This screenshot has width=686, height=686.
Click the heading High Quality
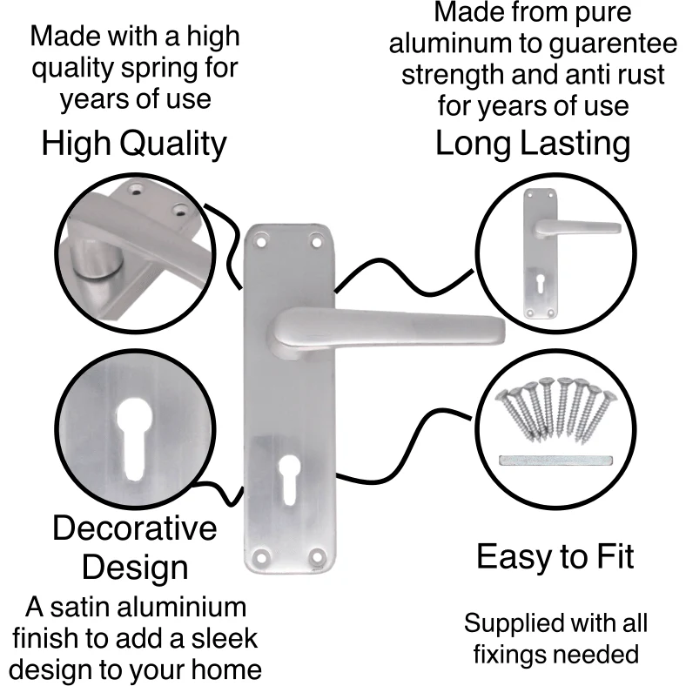coord(134,144)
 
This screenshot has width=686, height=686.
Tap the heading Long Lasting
coord(533,144)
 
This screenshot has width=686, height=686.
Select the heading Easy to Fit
coord(555,556)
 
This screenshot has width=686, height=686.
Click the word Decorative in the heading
coord(135,528)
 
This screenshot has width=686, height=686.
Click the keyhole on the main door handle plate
coord(289,480)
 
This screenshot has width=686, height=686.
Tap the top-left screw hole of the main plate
coord(261,241)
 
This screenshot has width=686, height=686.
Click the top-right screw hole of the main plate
coord(316,240)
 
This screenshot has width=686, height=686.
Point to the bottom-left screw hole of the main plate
coord(261,557)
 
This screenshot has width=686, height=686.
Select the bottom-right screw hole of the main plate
coord(317,556)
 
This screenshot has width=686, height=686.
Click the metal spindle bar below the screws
coord(555,461)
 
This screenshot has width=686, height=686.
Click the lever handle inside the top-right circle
coord(576,228)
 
